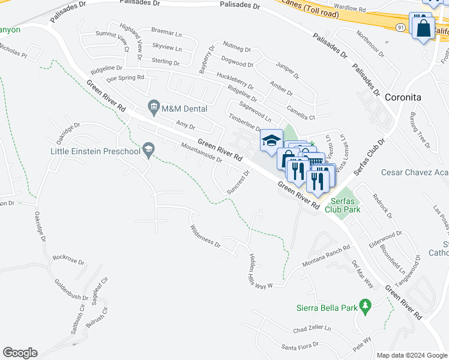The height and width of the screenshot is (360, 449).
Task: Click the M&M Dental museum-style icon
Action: point(154,109)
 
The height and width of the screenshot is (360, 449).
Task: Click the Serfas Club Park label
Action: point(343,205)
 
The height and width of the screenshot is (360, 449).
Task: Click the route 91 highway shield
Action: point(400,27)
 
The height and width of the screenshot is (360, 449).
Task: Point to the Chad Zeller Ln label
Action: point(312,329)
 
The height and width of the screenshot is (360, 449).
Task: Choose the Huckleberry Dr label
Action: point(235,82)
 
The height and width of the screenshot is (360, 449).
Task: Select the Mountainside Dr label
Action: point(202,153)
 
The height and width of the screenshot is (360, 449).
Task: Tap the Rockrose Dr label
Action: point(67,259)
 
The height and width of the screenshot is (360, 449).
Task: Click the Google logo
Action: point(20,353)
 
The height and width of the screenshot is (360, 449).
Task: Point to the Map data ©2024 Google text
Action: point(411,355)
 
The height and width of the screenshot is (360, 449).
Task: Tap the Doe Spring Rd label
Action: point(125,78)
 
